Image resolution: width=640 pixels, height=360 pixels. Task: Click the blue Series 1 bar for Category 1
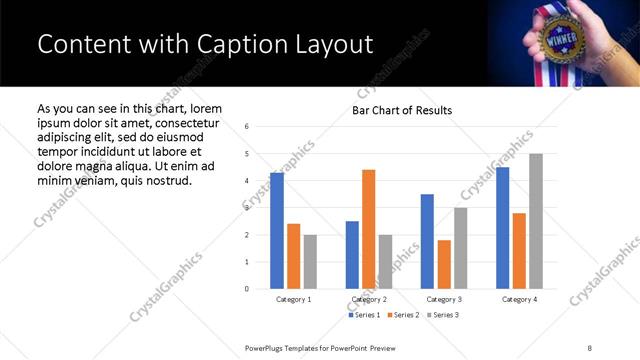[x=277, y=231]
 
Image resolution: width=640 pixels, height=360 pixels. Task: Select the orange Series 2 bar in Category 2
[x=368, y=229]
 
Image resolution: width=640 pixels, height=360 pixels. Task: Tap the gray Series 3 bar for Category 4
[x=536, y=221]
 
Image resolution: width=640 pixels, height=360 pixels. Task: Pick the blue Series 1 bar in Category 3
[x=427, y=241]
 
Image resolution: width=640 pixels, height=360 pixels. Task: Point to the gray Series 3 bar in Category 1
[x=310, y=262]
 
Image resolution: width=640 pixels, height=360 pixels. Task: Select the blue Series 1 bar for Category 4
[x=502, y=228]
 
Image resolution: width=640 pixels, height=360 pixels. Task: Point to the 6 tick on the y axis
[x=247, y=126]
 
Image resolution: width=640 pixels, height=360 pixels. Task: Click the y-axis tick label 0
[x=247, y=289]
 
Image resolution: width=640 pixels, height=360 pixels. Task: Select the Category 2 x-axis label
[x=369, y=299]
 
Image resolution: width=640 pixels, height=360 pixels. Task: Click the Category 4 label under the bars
[x=519, y=299]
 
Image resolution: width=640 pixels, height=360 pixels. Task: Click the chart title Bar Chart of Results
[x=401, y=110]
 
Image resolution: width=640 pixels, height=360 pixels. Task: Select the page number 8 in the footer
[x=589, y=347]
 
